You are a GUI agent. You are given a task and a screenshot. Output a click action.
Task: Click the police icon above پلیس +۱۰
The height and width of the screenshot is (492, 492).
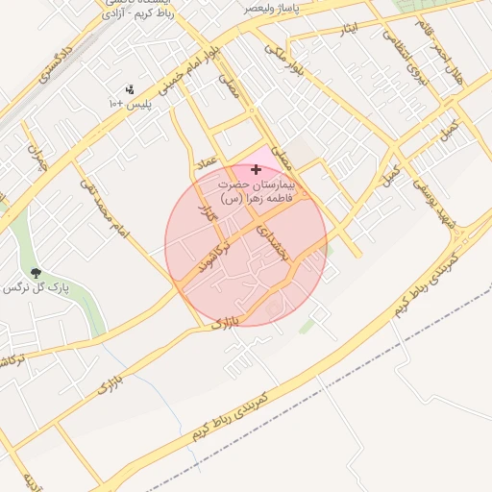(131, 89)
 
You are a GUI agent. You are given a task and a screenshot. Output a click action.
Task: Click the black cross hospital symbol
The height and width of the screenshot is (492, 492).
(256, 169)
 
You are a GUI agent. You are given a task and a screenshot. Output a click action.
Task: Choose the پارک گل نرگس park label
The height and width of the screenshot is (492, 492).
(36, 288)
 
